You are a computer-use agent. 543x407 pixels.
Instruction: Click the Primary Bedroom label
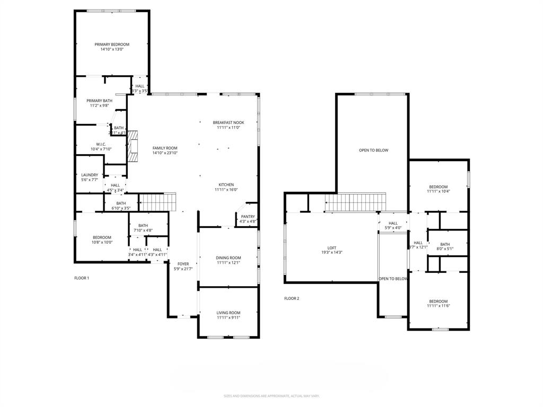pyautogui.click(x=112, y=45)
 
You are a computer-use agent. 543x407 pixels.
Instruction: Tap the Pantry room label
pyautogui.click(x=248, y=216)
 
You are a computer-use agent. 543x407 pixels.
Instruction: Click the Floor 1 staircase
pyautogui.click(x=157, y=202)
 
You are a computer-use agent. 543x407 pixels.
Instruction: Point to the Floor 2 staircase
pyautogui.click(x=355, y=202)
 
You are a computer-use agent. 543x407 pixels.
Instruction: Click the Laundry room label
pyautogui.click(x=89, y=175)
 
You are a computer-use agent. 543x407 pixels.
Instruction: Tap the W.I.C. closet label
pyautogui.click(x=101, y=144)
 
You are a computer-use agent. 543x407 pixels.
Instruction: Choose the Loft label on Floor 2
pyautogui.click(x=331, y=247)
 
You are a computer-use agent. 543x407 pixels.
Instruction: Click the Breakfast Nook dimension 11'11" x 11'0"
pyautogui.click(x=229, y=127)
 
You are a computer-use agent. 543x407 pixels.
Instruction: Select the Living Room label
pyautogui.click(x=229, y=313)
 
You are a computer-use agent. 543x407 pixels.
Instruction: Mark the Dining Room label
pyautogui.click(x=229, y=258)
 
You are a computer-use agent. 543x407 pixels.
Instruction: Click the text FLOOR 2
pyautogui.click(x=292, y=298)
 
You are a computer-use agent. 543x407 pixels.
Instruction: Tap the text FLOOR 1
pyautogui.click(x=82, y=278)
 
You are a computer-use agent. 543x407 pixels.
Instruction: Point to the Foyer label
pyautogui.click(x=183, y=264)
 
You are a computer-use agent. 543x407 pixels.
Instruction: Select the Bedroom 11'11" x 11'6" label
pyautogui.click(x=438, y=301)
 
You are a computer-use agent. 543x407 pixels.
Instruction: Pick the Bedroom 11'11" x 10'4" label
pyautogui.click(x=438, y=187)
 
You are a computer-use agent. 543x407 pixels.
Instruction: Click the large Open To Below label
pyautogui.click(x=373, y=150)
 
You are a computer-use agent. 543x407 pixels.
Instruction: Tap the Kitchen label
pyautogui.click(x=226, y=185)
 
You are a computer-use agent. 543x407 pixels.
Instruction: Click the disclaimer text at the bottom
pyautogui.click(x=271, y=396)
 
